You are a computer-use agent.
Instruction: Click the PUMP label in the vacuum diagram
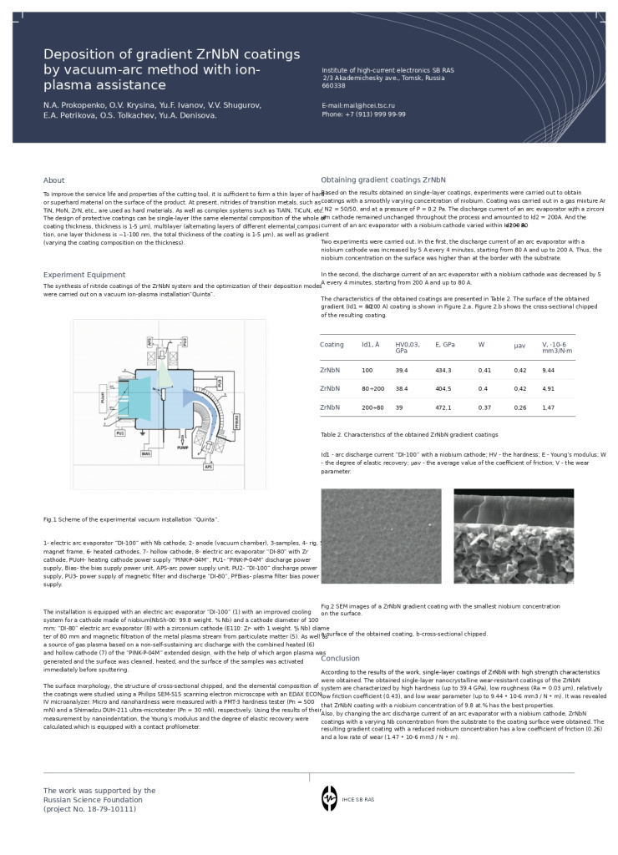(x=183, y=448)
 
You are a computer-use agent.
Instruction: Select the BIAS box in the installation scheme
(x=146, y=453)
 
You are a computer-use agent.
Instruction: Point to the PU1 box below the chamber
(x=120, y=433)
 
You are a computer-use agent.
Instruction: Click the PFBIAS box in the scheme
(x=237, y=422)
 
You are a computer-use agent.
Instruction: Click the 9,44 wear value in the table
(x=549, y=370)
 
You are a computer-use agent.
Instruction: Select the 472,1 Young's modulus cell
(x=443, y=407)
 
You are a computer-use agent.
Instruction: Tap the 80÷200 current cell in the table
(x=373, y=388)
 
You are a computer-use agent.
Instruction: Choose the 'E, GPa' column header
(x=445, y=344)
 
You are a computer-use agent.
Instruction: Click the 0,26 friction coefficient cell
(x=520, y=407)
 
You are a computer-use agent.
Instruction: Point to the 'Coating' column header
(x=332, y=344)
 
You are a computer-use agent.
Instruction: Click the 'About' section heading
(x=54, y=180)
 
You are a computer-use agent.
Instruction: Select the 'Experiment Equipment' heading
(x=84, y=275)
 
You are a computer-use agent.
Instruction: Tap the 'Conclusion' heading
(x=340, y=658)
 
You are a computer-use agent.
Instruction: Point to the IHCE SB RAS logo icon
(x=330, y=798)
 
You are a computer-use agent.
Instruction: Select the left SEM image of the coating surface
(x=381, y=535)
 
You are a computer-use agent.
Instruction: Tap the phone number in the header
(x=364, y=114)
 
